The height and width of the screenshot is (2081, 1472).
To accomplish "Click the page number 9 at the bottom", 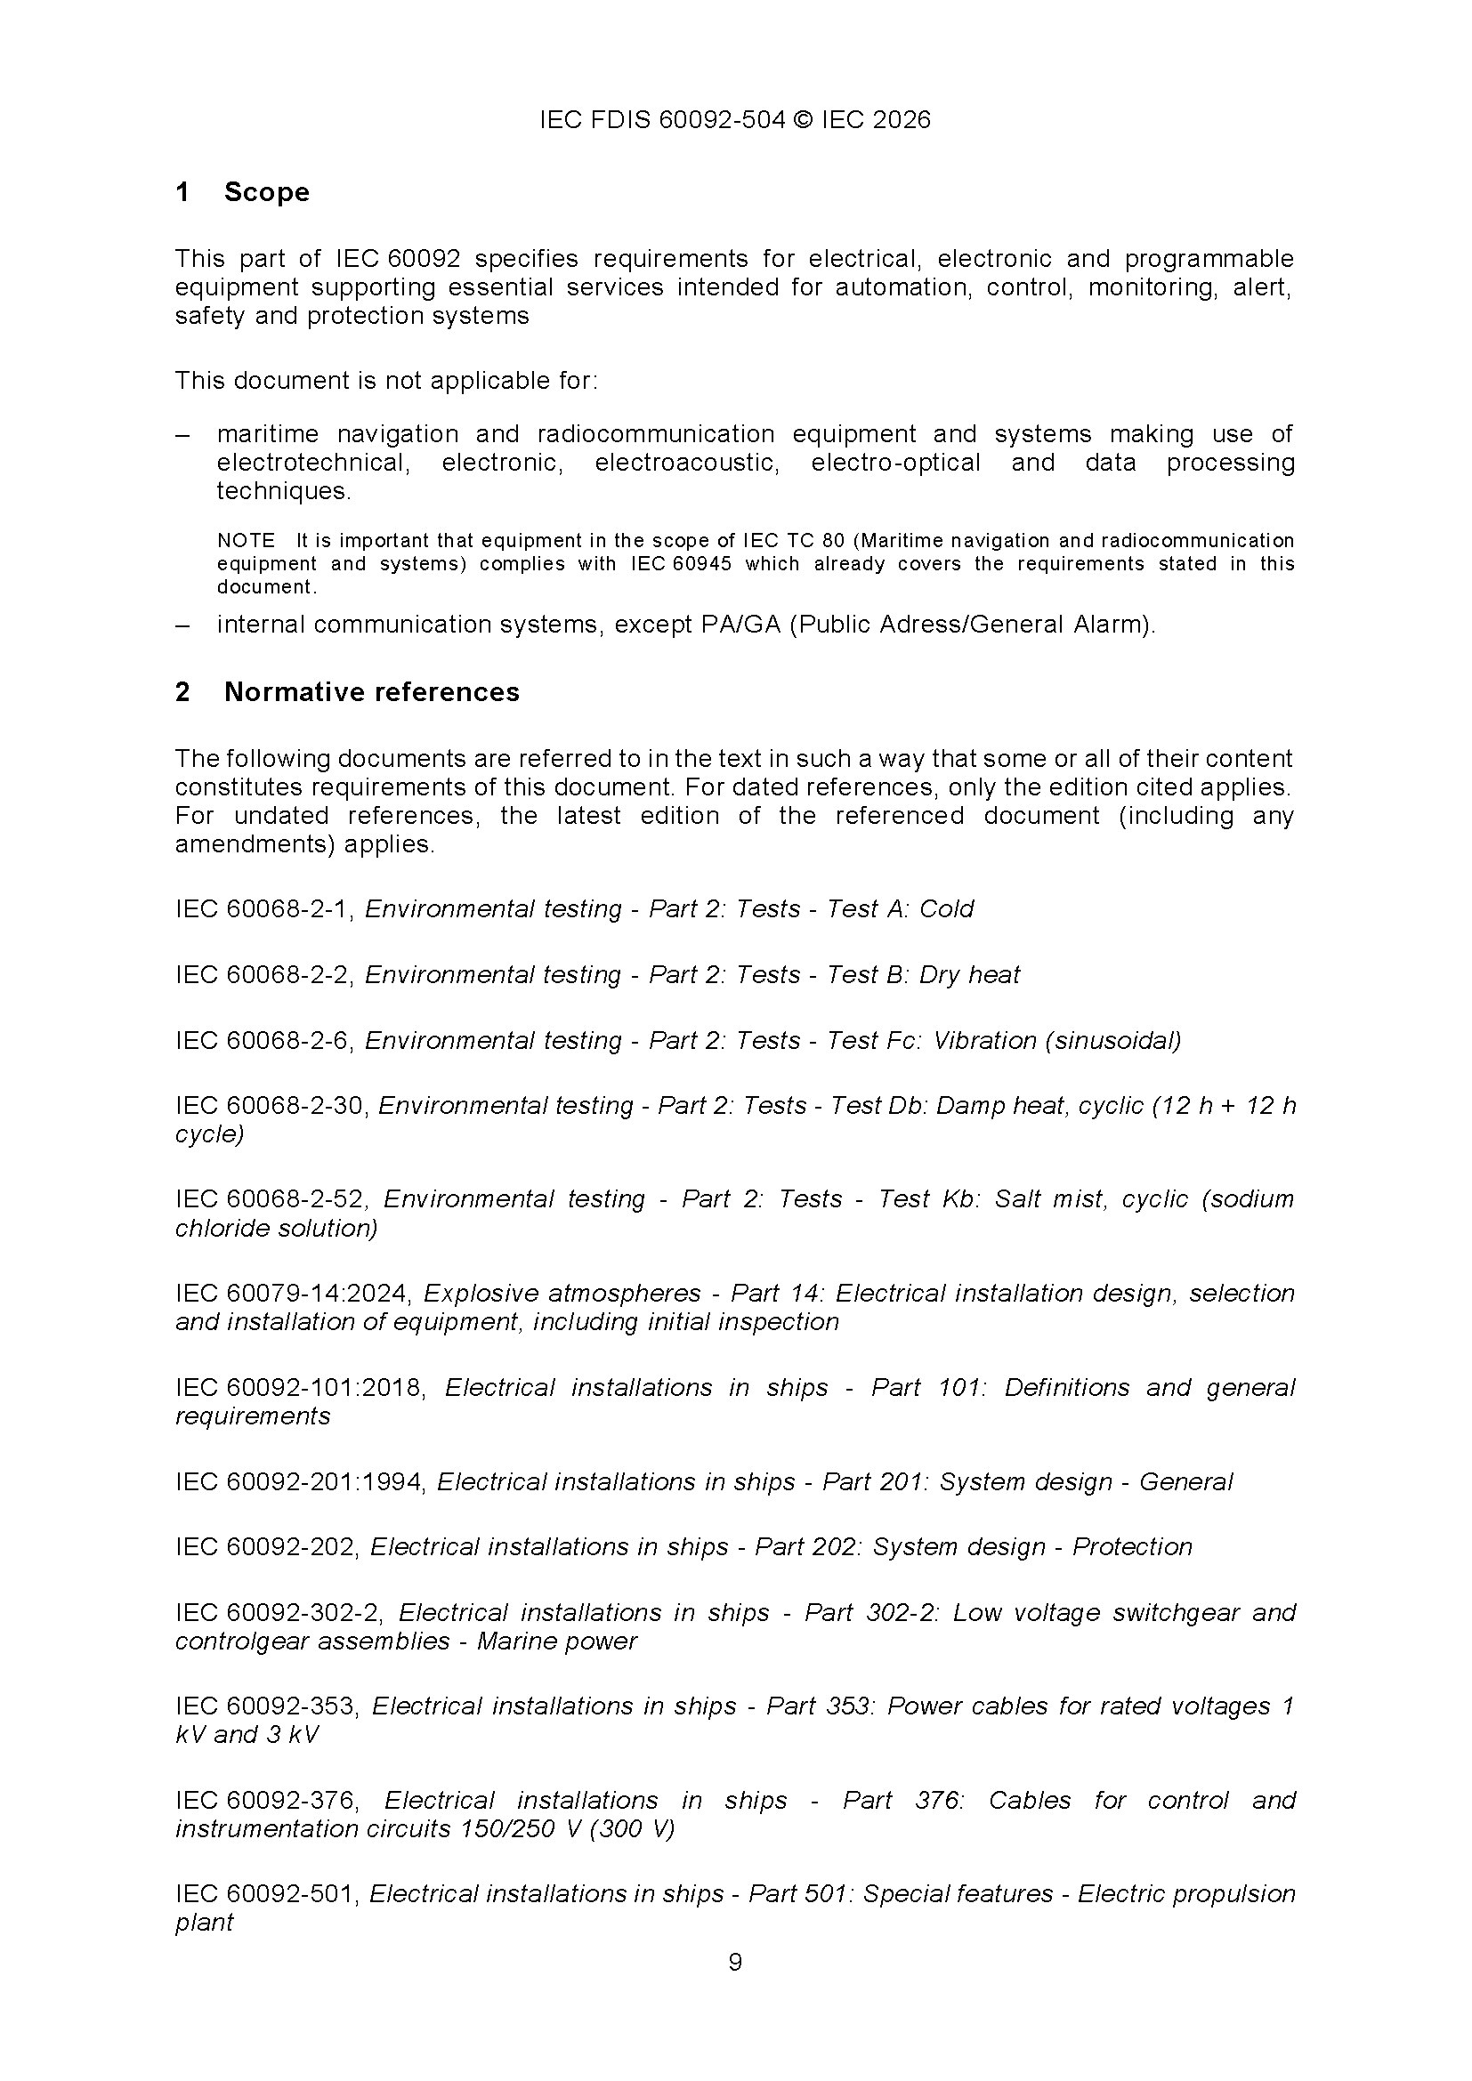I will click(735, 1963).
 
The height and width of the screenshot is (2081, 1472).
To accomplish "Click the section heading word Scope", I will click(266, 192).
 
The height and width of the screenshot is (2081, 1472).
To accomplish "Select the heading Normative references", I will click(372, 692).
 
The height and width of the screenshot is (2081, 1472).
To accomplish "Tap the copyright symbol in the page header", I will click(803, 120).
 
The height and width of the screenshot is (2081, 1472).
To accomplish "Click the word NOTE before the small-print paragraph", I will click(246, 541).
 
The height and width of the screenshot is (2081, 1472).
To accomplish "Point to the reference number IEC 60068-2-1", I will click(263, 909).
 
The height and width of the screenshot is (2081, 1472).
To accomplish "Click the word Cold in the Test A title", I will click(946, 909).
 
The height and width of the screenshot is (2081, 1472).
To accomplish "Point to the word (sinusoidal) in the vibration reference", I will click(1114, 1041).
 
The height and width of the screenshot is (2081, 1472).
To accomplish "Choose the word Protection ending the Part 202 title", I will click(1132, 1547).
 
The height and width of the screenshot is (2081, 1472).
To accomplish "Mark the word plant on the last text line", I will click(204, 1923).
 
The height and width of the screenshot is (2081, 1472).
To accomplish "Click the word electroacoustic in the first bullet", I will click(687, 464).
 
